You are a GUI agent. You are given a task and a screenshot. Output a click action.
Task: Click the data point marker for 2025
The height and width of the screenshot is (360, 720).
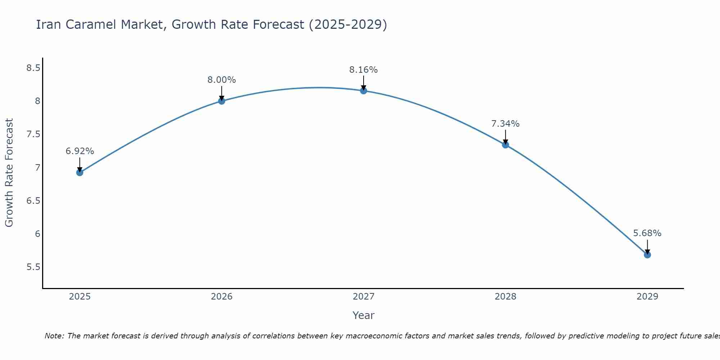[80, 172]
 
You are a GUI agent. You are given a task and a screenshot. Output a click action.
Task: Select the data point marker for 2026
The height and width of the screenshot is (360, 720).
[222, 101]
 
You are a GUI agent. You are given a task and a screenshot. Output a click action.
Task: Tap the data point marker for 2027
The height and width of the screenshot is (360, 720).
[364, 90]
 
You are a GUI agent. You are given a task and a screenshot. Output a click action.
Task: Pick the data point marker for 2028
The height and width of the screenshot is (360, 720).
[505, 145]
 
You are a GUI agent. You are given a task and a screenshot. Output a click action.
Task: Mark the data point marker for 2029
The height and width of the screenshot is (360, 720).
[647, 255]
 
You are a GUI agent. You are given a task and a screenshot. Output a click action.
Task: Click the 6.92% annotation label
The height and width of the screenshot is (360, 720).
[80, 151]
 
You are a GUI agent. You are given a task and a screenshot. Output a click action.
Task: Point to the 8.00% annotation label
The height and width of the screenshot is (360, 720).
[222, 80]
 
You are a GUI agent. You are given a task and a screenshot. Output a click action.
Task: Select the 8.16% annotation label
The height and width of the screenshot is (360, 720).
[364, 70]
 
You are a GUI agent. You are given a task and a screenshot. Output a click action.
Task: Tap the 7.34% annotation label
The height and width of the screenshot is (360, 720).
[505, 124]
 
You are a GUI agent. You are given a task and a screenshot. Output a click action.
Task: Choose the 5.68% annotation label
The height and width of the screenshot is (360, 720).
[647, 233]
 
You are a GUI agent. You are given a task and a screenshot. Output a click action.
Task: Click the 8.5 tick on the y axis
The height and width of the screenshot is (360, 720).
[33, 68]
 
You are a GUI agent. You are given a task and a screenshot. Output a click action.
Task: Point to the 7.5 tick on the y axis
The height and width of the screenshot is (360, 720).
[33, 134]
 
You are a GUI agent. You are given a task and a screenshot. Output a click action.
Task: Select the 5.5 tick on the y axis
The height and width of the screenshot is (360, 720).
[33, 267]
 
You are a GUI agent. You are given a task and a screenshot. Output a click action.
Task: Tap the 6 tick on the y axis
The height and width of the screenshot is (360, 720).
[37, 234]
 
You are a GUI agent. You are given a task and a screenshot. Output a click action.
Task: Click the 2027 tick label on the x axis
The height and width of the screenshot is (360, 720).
[364, 297]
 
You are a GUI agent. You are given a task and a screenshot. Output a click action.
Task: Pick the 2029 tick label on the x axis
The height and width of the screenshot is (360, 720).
[647, 297]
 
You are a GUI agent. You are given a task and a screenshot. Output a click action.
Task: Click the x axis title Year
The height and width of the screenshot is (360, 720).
[364, 315]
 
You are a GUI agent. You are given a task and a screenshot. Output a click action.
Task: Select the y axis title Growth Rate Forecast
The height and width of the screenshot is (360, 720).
[9, 173]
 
